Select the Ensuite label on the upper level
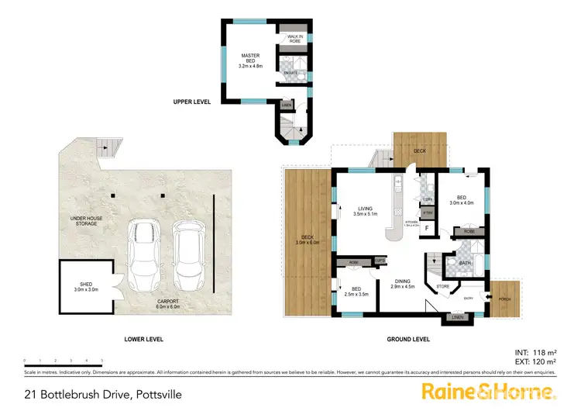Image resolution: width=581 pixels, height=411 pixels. [290, 72]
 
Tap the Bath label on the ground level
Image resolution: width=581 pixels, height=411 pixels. [465, 263]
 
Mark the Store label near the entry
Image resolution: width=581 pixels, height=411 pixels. [442, 287]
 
